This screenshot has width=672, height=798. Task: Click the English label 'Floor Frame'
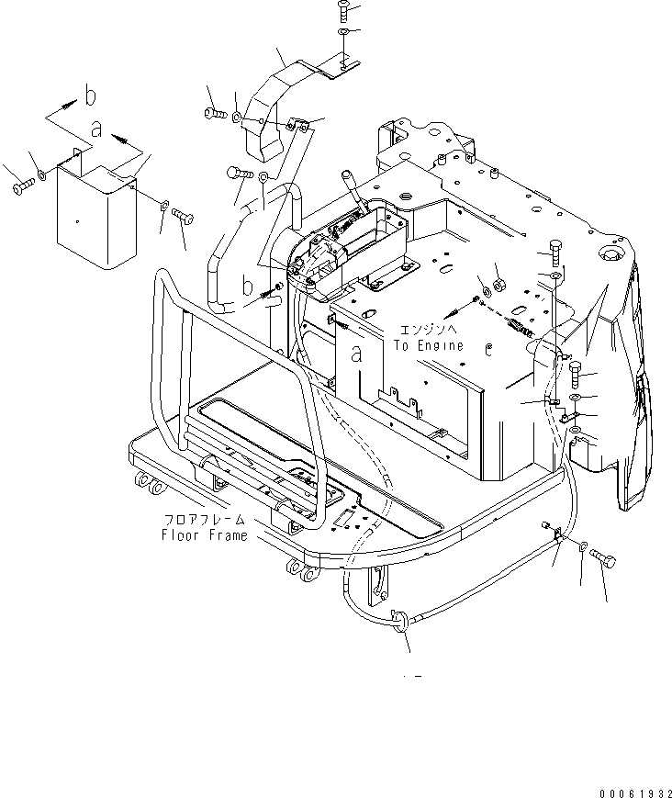[x=204, y=534]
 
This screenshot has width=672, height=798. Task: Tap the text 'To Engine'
[x=429, y=345]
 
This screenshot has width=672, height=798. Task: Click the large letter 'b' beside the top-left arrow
[x=89, y=94]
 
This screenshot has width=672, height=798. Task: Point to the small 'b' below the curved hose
[x=246, y=287]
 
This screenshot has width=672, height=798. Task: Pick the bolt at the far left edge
[x=22, y=187]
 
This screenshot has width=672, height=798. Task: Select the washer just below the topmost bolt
[x=342, y=33]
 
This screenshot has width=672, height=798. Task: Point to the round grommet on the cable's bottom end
[x=400, y=622]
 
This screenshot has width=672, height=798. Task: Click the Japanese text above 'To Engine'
[x=429, y=330]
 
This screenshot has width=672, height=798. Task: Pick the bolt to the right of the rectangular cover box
[x=182, y=217]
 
